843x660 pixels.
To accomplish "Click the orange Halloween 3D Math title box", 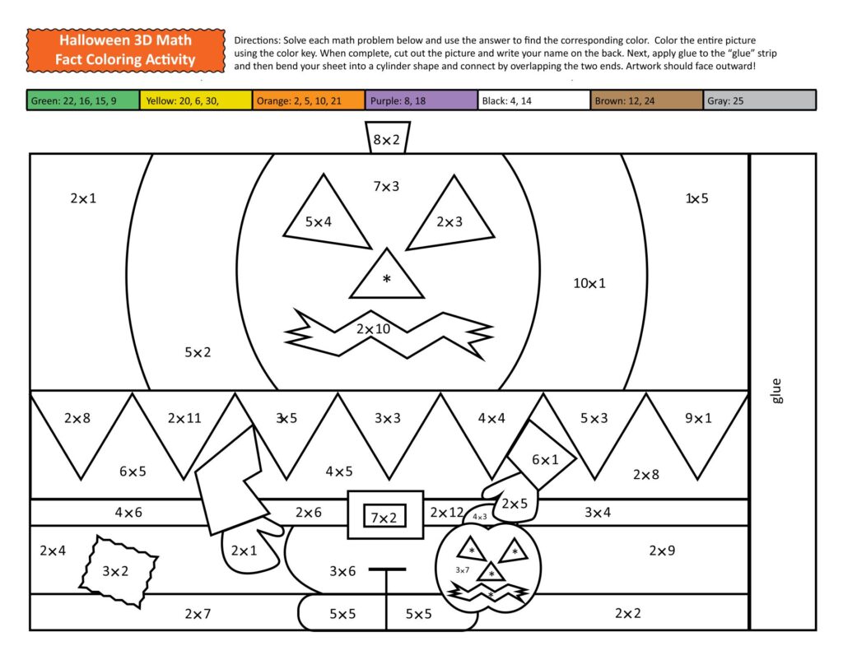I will [x=125, y=49].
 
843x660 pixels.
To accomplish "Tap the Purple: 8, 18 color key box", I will [x=421, y=100].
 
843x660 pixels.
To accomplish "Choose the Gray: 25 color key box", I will [x=760, y=100].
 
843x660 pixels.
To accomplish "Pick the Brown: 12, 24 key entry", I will [x=647, y=100].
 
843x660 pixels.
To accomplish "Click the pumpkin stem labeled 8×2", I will [x=386, y=139].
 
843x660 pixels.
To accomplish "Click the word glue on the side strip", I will [x=777, y=390].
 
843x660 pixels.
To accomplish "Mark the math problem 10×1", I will [x=589, y=284].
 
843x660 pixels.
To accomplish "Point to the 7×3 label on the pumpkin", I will [x=386, y=187].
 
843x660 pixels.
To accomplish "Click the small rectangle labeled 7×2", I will [x=384, y=518].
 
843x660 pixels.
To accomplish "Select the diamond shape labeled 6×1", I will [x=543, y=457].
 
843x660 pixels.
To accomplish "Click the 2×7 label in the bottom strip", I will [x=198, y=614].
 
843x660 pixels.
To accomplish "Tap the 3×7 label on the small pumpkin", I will [x=463, y=569].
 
